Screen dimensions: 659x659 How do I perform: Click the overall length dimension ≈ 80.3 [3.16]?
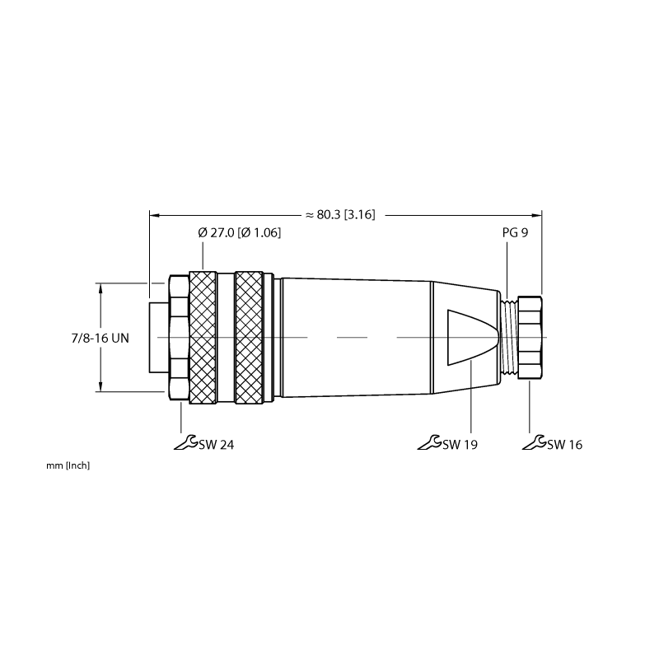[340, 215]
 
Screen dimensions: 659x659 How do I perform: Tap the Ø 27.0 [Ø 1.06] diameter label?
[239, 232]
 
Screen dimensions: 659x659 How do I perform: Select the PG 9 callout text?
[515, 232]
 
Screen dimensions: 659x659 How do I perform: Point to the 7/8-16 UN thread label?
[100, 338]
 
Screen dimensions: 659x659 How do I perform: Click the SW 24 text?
[217, 444]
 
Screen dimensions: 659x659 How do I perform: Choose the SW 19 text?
[460, 444]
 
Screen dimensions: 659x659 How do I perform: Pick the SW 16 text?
[565, 444]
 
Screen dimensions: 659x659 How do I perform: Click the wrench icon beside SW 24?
[186, 442]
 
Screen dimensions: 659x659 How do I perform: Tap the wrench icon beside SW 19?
[429, 442]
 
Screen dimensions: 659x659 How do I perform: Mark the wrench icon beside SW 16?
[535, 442]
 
